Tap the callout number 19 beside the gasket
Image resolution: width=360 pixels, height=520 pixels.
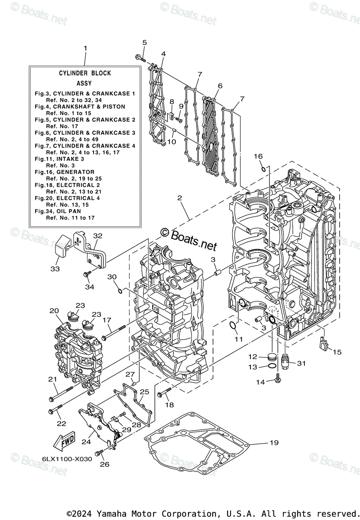(274, 442)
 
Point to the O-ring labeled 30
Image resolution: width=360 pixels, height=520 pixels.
(120, 289)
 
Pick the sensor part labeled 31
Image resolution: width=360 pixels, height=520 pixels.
(285, 361)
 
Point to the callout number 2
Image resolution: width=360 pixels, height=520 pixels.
(179, 199)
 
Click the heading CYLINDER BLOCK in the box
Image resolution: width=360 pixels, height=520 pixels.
(85, 73)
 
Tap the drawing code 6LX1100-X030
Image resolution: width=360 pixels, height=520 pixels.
(67, 459)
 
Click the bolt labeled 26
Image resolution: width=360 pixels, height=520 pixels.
(99, 452)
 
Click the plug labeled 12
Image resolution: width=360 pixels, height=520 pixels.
(272, 358)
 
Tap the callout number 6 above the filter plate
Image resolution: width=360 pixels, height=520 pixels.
(220, 86)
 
